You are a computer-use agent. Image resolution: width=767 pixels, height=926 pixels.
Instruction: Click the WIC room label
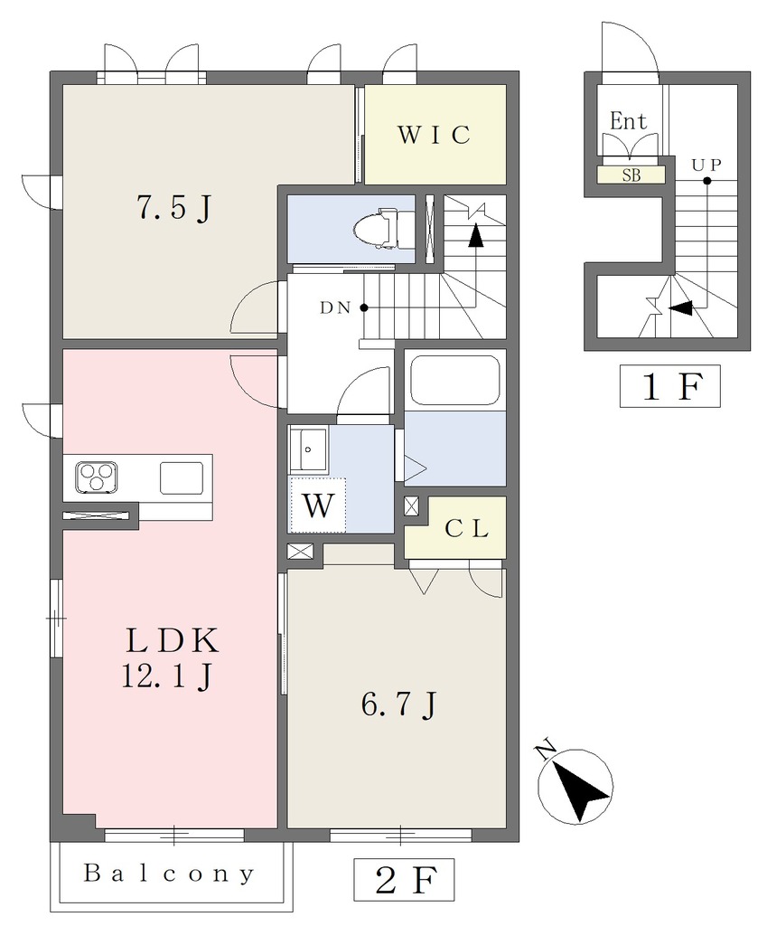435,135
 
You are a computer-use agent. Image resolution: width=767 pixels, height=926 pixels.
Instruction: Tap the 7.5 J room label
173,207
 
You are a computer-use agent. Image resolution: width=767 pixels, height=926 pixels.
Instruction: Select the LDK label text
173,640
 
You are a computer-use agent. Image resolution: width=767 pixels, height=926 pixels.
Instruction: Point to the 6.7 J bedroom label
398,704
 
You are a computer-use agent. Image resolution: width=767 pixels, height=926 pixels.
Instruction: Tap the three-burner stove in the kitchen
96,477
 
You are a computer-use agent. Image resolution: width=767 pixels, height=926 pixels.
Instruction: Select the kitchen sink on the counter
181,477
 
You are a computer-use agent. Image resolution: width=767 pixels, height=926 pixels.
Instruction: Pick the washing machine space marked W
318,506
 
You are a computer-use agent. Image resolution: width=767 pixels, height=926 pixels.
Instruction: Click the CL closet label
466,528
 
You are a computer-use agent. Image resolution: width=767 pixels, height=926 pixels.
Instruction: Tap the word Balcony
169,873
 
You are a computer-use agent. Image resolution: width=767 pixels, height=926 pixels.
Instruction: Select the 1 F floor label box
669,386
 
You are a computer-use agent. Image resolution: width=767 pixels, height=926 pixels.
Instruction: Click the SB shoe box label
631,175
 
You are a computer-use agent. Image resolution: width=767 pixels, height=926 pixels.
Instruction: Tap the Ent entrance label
629,121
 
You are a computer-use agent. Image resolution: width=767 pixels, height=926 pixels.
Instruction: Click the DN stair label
335,307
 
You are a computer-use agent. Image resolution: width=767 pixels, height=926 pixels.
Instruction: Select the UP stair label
706,165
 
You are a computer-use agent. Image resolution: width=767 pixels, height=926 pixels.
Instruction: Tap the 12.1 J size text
166,676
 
